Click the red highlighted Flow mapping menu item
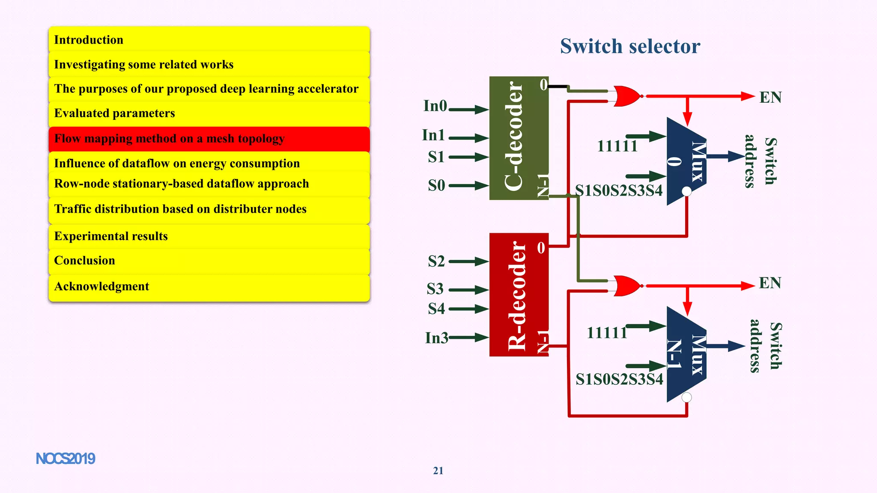click(x=209, y=139)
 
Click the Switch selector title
click(x=630, y=46)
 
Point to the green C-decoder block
click(x=519, y=138)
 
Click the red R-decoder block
click(x=519, y=294)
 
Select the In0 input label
click(x=435, y=106)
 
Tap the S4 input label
click(x=436, y=309)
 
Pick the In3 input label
click(x=436, y=338)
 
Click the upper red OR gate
click(x=627, y=96)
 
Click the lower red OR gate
click(x=627, y=286)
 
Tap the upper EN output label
click(x=770, y=98)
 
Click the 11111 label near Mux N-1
click(x=607, y=333)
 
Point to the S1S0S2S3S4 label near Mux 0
click(x=618, y=190)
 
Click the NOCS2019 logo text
click(x=66, y=459)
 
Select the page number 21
click(x=438, y=471)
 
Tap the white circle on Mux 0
click(x=686, y=191)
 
